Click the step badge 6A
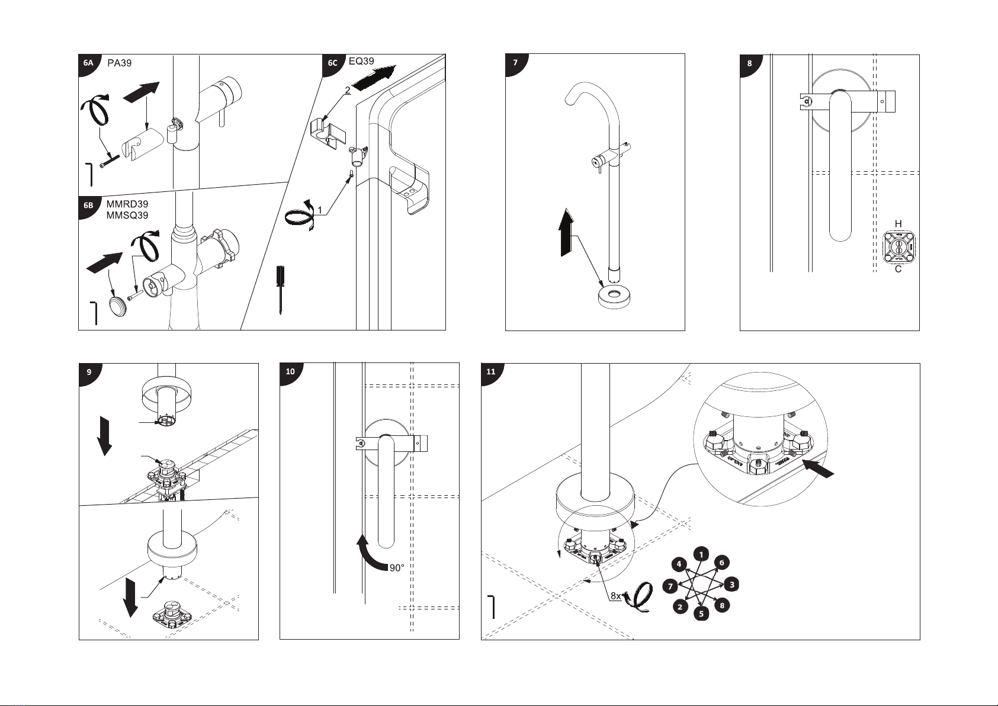(x=88, y=62)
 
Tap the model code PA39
(x=120, y=63)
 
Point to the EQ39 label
(x=361, y=61)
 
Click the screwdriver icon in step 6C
(x=280, y=290)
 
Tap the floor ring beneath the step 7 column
(x=615, y=294)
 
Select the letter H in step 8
(x=898, y=224)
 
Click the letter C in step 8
(x=898, y=269)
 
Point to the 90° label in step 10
(x=397, y=568)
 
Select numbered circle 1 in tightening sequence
(x=701, y=554)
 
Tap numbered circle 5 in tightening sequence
(x=701, y=614)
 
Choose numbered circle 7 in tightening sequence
(x=670, y=586)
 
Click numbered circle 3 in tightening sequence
(x=732, y=584)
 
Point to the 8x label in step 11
(x=615, y=596)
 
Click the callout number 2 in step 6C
(x=347, y=90)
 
